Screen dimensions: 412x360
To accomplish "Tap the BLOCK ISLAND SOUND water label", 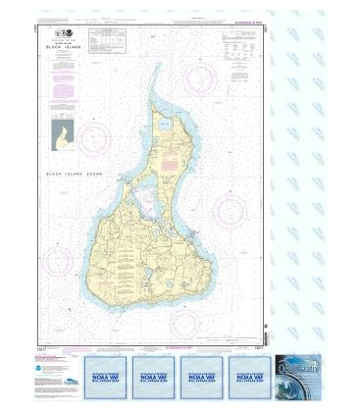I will pos(77,173).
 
